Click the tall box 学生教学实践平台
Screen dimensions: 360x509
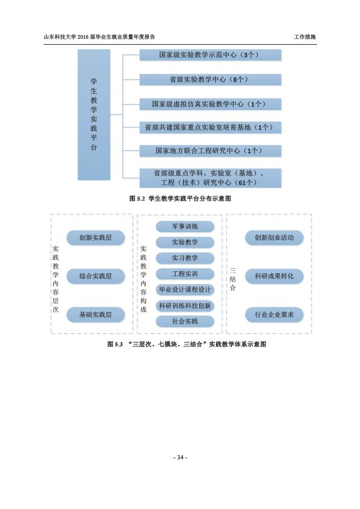pyautogui.click(x=94, y=115)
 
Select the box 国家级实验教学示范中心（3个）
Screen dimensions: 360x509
pyautogui.click(x=210, y=55)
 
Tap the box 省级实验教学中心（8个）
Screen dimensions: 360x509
pyautogui.click(x=210, y=80)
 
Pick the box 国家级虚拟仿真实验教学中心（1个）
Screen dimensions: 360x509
pyautogui.click(x=210, y=104)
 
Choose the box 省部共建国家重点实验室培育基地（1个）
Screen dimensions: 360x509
pyautogui.click(x=210, y=128)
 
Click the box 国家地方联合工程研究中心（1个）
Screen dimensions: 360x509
pyautogui.click(x=210, y=151)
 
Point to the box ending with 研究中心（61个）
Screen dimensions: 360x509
pyautogui.click(x=210, y=178)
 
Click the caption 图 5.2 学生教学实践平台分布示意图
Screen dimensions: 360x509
pyautogui.click(x=180, y=199)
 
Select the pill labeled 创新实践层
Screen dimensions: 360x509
pyautogui.click(x=96, y=238)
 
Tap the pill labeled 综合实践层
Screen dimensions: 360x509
pyautogui.click(x=96, y=276)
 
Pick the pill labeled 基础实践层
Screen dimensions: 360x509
pyautogui.click(x=96, y=314)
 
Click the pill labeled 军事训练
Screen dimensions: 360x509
pyautogui.click(x=185, y=227)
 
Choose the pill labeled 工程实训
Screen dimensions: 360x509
pyautogui.click(x=185, y=274)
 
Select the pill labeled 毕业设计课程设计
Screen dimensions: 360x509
pyautogui.click(x=185, y=290)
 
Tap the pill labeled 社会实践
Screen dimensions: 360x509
pyautogui.click(x=185, y=322)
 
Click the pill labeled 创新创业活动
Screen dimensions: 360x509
pyautogui.click(x=274, y=238)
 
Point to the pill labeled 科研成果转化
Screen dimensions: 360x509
pyautogui.click(x=274, y=276)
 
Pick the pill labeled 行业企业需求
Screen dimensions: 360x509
pyautogui.click(x=274, y=314)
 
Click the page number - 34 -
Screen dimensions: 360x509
pyautogui.click(x=180, y=458)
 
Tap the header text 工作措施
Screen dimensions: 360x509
pyautogui.click(x=305, y=37)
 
